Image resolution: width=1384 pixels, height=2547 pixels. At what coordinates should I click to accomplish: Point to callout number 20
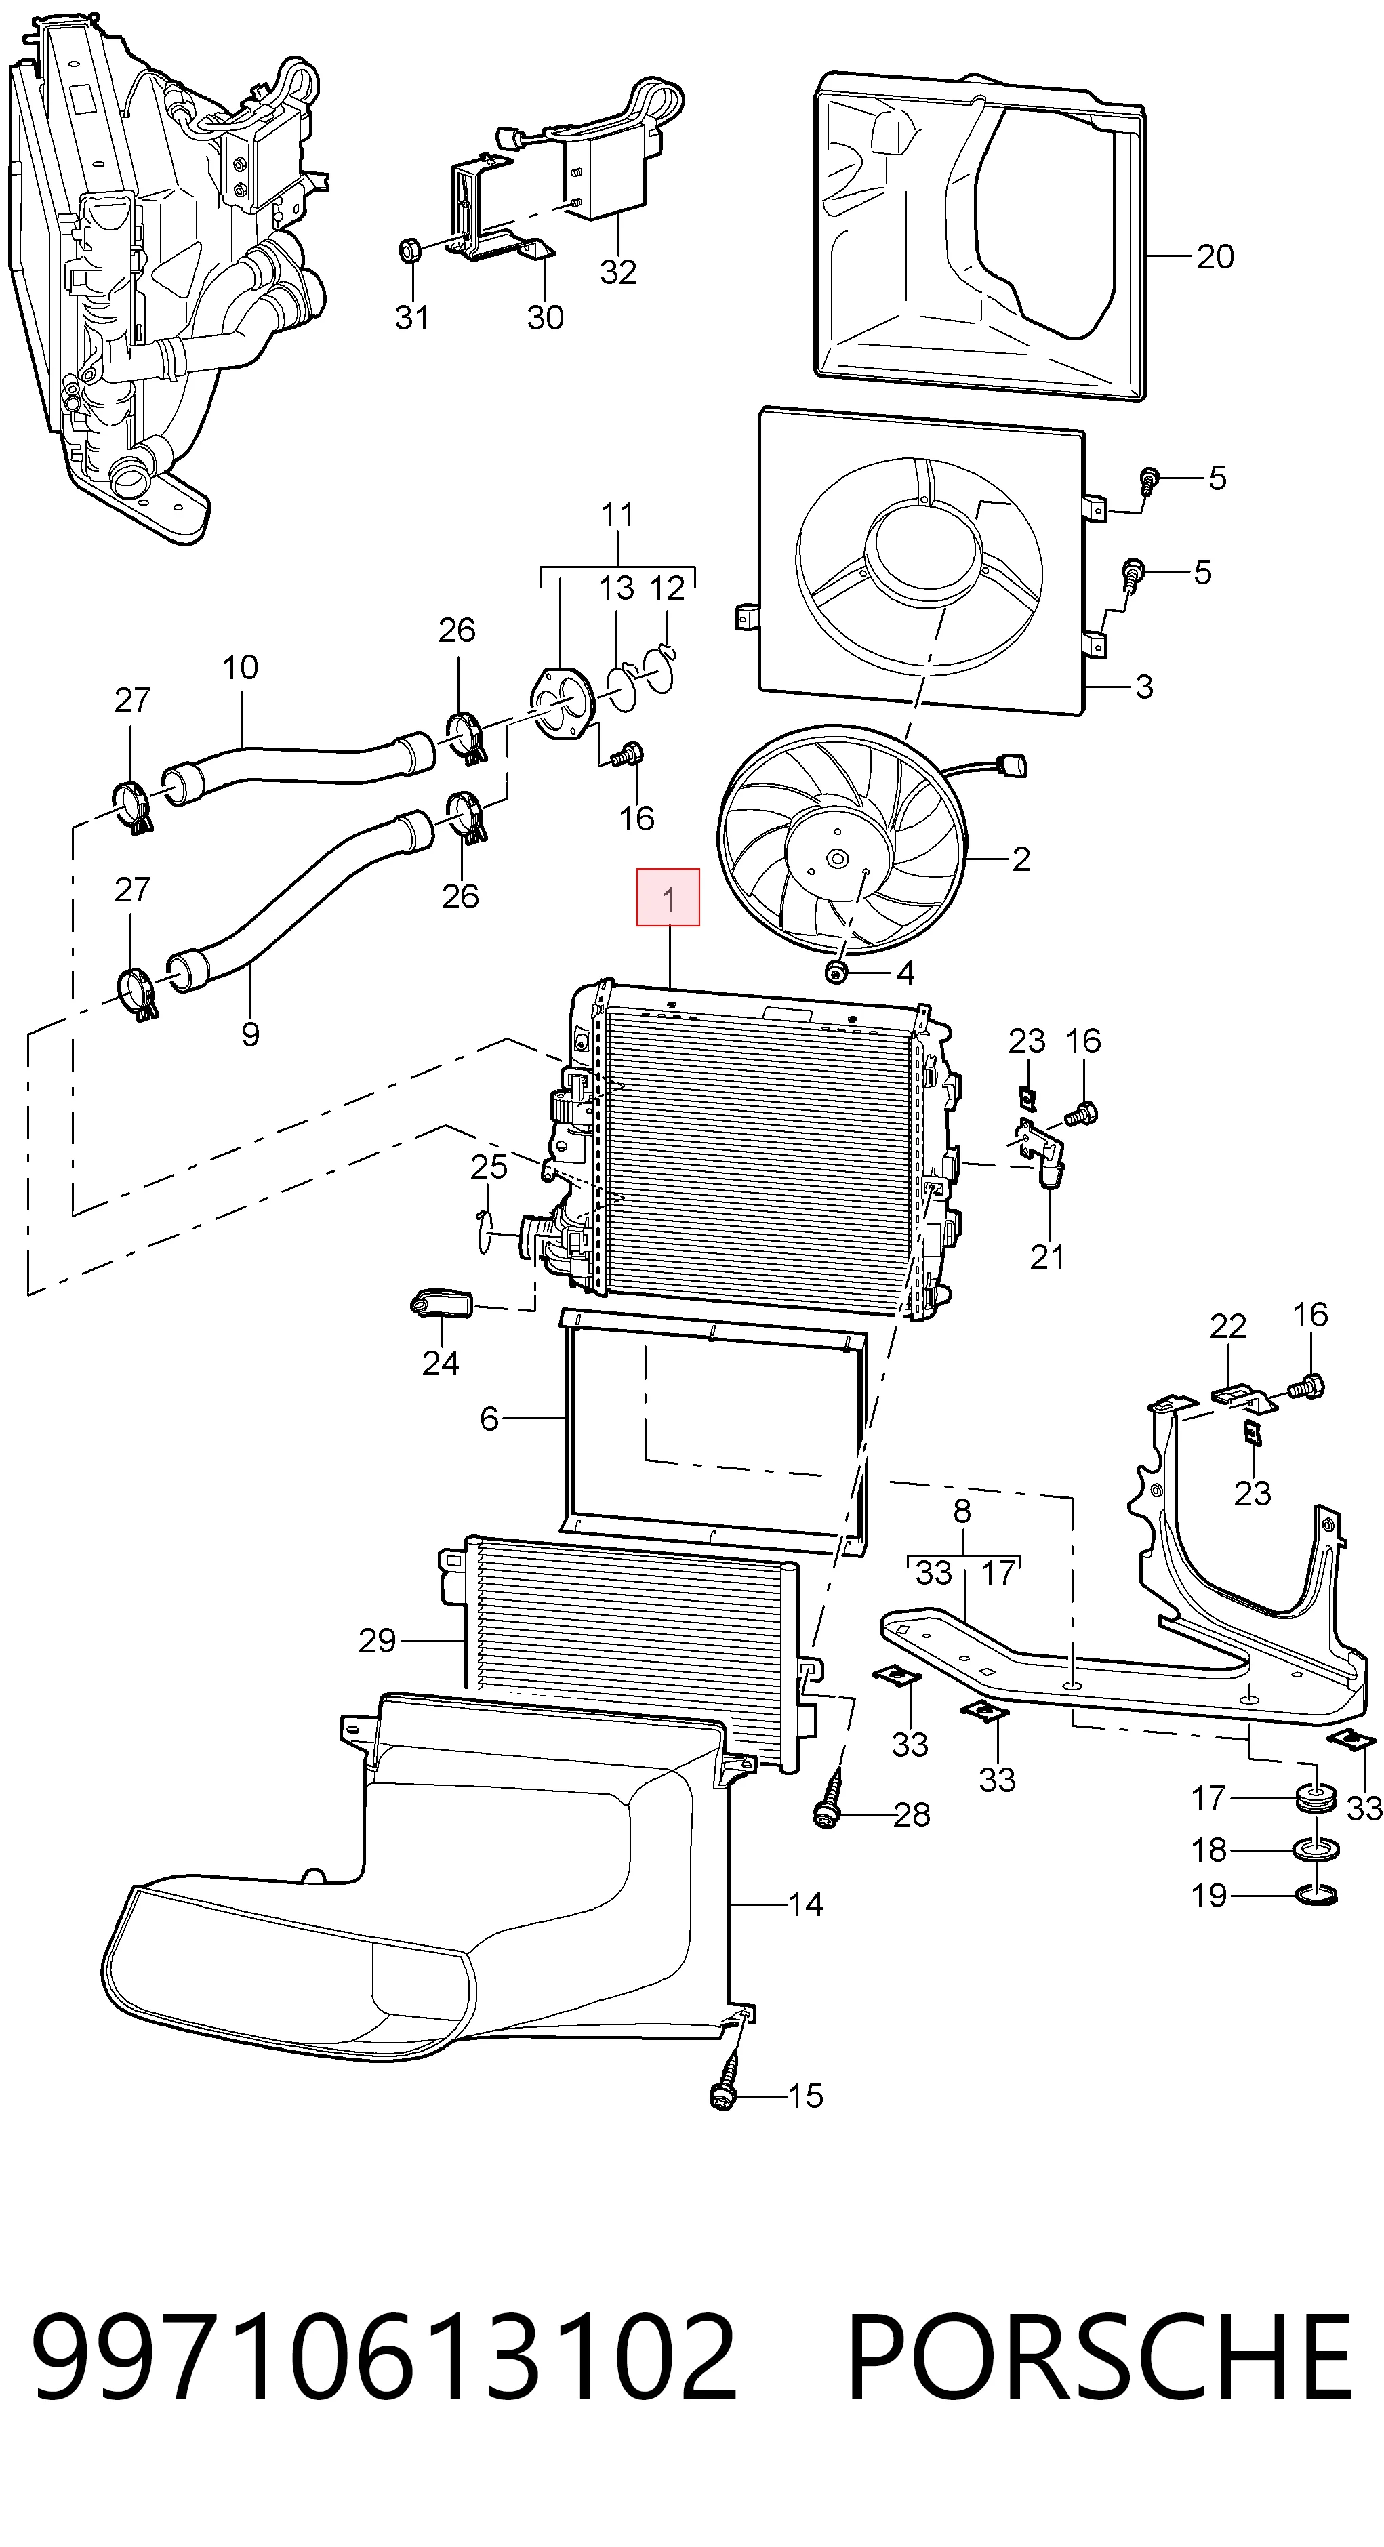[1215, 257]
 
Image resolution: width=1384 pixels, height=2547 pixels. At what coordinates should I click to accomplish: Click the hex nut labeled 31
[410, 250]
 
